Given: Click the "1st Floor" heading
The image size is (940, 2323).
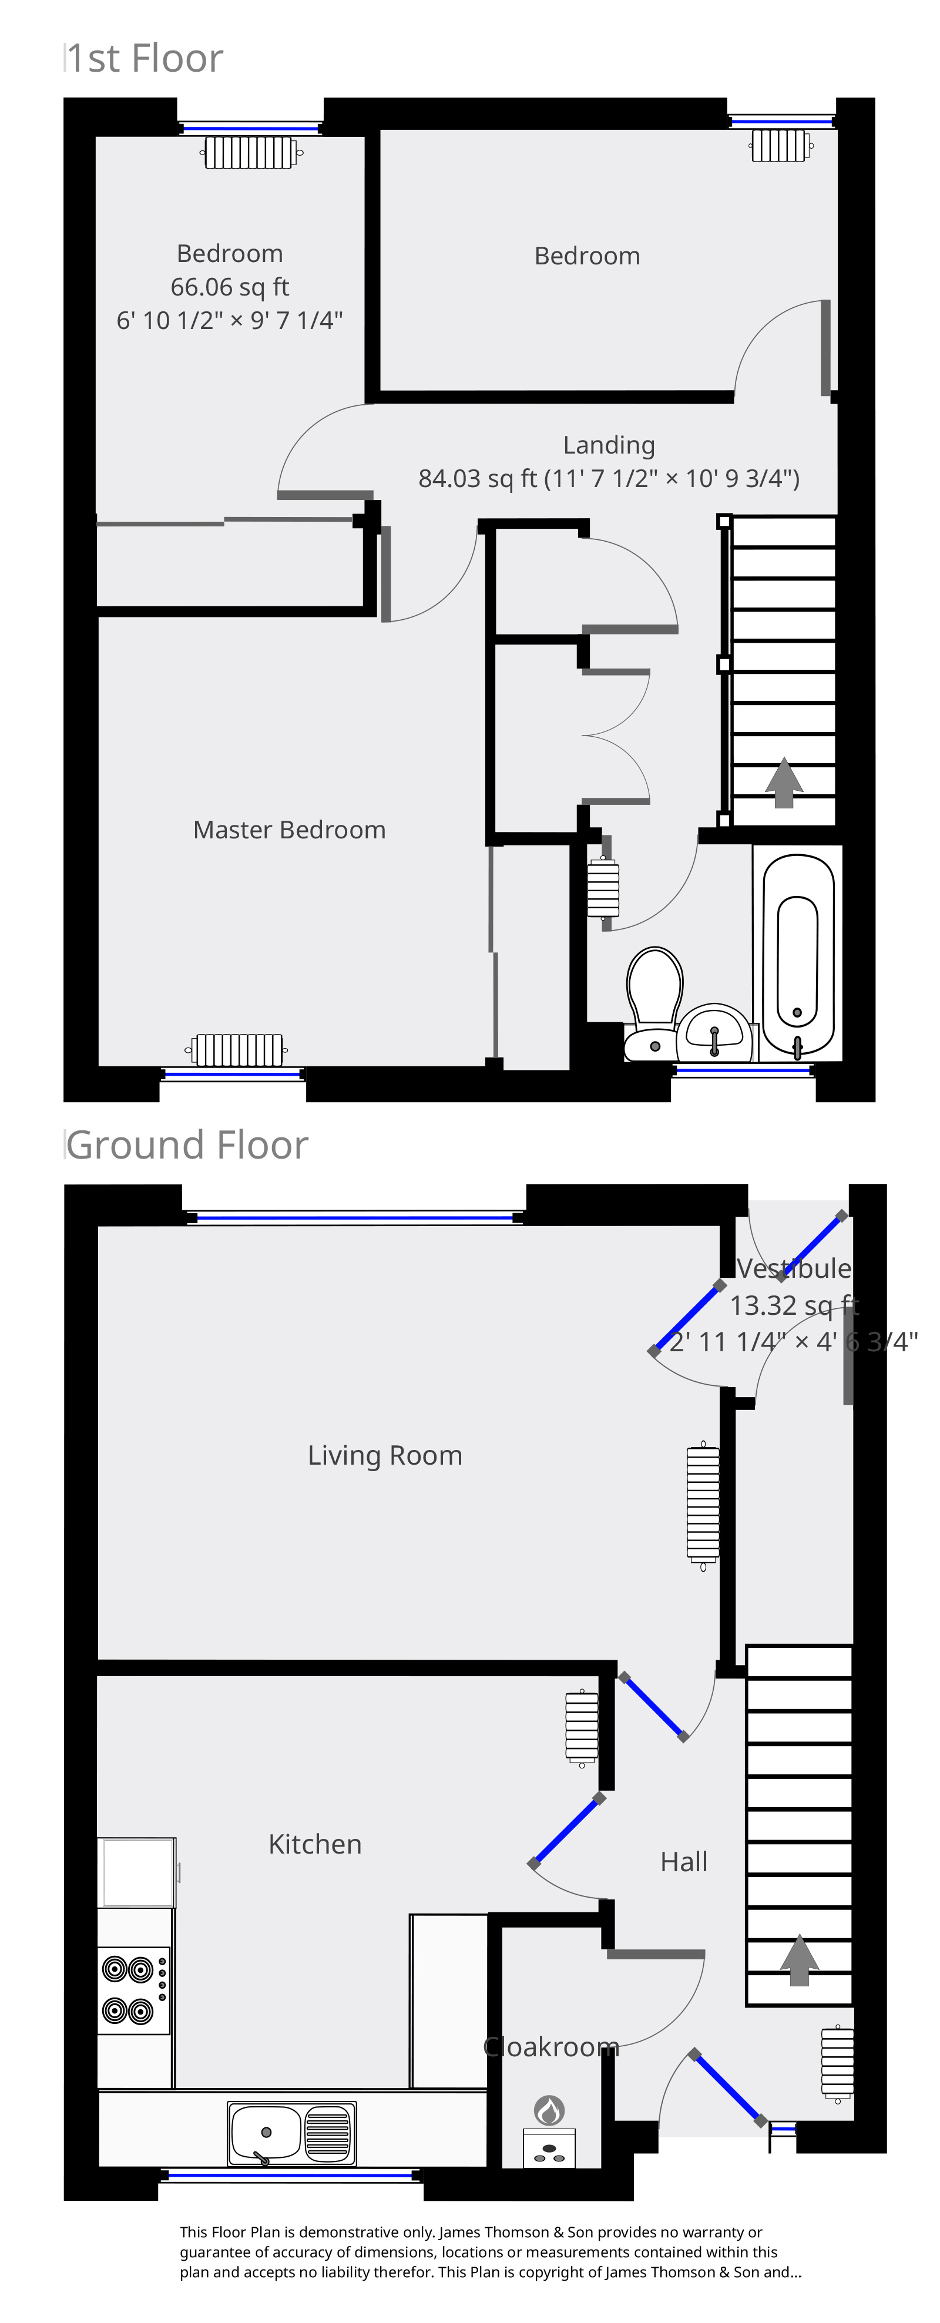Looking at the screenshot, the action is click(x=145, y=59).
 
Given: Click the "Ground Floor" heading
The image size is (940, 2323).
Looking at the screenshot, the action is click(x=187, y=1145).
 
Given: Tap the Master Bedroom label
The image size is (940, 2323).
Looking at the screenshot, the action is click(x=290, y=830).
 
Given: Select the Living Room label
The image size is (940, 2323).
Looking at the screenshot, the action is click(x=385, y=1455).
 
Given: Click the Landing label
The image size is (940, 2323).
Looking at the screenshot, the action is click(x=609, y=445).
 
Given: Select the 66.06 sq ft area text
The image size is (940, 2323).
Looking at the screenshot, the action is click(x=230, y=287).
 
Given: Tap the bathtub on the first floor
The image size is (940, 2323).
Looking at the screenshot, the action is click(x=797, y=954).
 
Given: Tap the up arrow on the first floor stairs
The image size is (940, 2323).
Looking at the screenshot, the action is click(x=784, y=783).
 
